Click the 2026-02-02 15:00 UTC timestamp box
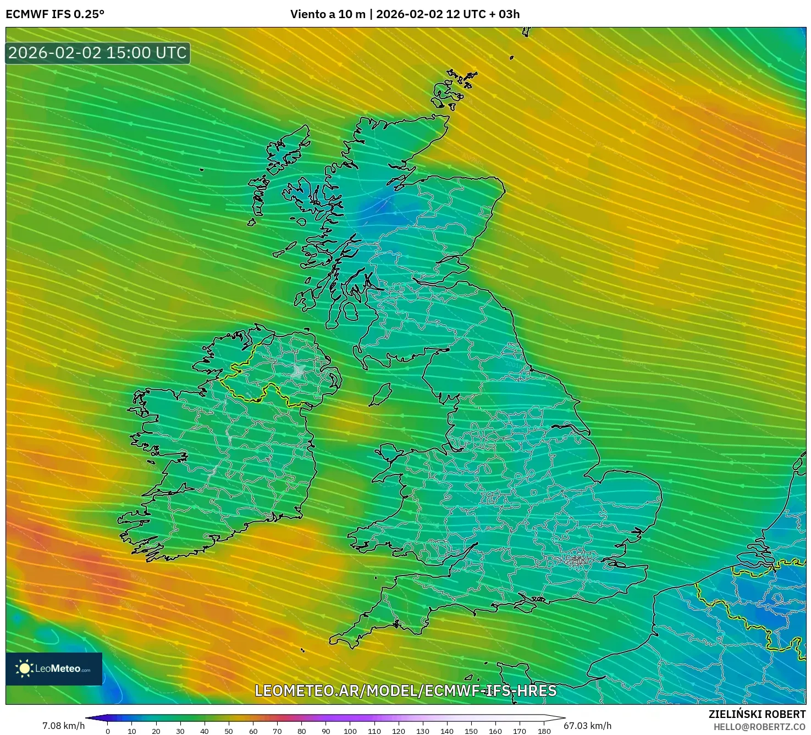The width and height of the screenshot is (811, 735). (98, 53)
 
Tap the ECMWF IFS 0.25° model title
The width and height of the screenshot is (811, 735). (55, 14)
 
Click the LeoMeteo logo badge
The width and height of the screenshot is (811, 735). (54, 668)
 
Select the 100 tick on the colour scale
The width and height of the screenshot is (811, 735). (350, 731)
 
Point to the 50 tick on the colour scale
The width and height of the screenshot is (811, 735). (229, 731)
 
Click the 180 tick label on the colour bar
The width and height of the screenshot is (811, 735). (544, 731)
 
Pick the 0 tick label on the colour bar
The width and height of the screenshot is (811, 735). (108, 731)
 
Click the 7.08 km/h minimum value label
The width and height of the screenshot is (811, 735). (63, 726)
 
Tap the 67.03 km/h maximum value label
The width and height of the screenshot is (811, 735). (588, 726)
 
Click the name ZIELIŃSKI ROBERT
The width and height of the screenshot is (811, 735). (757, 714)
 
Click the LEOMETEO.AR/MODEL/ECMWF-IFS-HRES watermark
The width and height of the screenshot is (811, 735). (406, 690)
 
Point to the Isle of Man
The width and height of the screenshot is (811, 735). (380, 395)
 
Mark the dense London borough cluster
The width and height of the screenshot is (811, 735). (577, 561)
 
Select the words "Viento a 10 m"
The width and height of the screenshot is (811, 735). (328, 14)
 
